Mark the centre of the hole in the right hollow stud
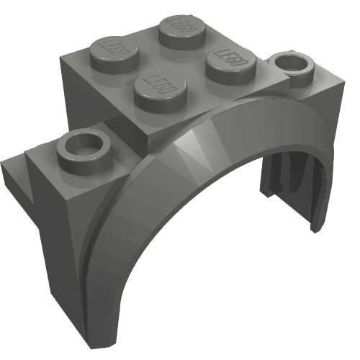[x=293, y=63]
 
